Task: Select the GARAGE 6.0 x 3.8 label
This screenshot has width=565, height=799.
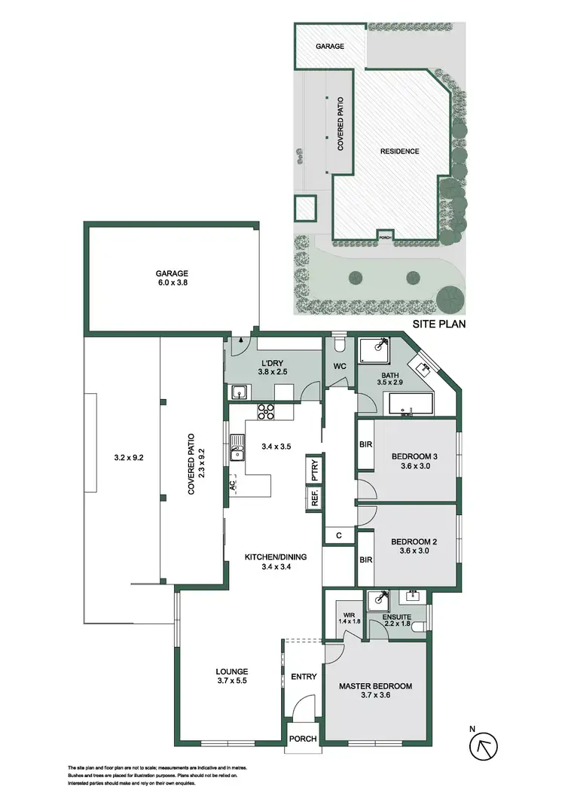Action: (173, 279)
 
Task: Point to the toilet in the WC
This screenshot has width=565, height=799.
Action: (339, 345)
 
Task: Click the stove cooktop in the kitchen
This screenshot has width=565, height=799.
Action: (267, 411)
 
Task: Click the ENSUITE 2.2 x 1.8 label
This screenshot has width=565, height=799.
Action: (398, 621)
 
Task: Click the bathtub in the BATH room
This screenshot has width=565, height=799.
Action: (411, 404)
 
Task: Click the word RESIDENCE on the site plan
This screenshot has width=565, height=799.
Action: (399, 151)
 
